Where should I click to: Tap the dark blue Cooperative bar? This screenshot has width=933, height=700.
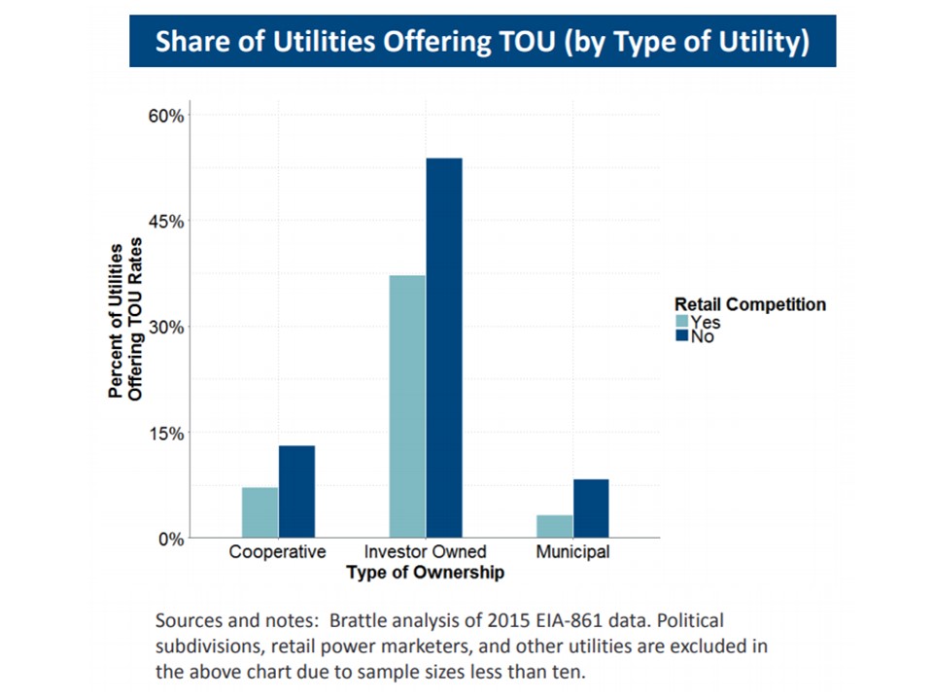pos(296,491)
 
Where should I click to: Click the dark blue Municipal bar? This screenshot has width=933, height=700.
pos(591,507)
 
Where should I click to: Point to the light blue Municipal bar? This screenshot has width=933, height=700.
pos(554,525)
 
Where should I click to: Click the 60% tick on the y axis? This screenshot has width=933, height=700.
pos(165,116)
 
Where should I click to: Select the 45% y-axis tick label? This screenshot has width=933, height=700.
pos(165,221)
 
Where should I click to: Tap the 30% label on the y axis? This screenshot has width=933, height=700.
pos(165,327)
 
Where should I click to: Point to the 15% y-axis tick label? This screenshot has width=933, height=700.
pos(165,433)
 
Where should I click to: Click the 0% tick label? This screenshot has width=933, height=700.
pos(170,538)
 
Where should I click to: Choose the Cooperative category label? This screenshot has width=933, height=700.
pos(277,552)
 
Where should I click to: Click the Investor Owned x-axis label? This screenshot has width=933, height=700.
pos(425,552)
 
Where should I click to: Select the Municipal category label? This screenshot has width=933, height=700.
pos(572,552)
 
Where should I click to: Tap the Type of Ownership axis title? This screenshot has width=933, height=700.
pos(425,573)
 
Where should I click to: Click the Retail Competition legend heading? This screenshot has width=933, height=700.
pos(750,304)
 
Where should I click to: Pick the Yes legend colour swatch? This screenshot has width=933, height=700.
pos(681,322)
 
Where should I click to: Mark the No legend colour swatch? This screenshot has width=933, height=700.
pos(681,336)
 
